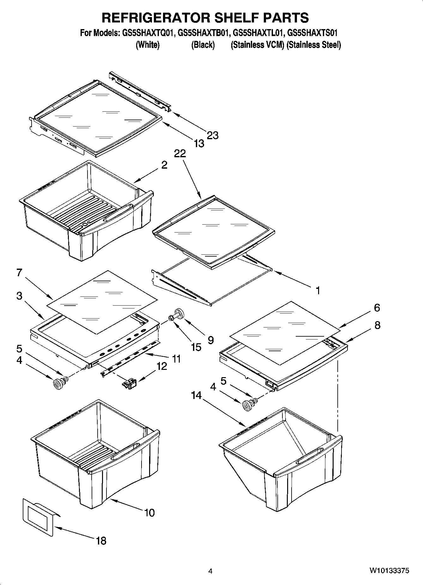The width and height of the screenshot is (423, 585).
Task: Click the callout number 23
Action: point(213,135)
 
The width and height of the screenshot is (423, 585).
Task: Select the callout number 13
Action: point(199,144)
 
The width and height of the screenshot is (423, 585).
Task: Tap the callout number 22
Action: point(180,153)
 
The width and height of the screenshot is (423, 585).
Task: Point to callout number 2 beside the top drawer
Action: point(164,165)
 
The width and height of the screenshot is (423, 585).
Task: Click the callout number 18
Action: point(101,541)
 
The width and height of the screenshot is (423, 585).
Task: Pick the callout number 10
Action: point(149,512)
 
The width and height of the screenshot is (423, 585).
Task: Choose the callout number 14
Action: point(196,395)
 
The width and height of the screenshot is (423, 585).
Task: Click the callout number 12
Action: point(162,366)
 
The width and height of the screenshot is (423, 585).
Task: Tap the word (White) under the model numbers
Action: point(148,45)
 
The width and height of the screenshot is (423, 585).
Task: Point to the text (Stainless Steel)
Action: point(314,45)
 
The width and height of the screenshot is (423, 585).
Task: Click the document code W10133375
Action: point(389,571)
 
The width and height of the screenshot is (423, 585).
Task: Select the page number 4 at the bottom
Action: point(210,571)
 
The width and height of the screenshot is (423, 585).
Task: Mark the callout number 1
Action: point(318,290)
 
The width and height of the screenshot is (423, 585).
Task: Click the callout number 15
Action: point(196,347)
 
